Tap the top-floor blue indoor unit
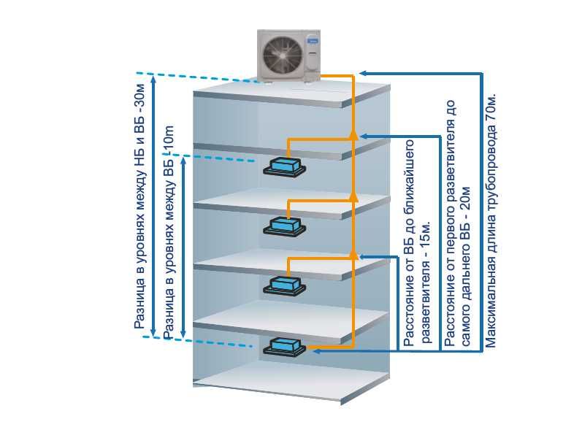click(x=283, y=166)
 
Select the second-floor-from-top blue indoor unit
click(x=283, y=225)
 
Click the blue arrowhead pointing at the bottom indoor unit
click(x=316, y=350)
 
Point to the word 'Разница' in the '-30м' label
click(x=141, y=307)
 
